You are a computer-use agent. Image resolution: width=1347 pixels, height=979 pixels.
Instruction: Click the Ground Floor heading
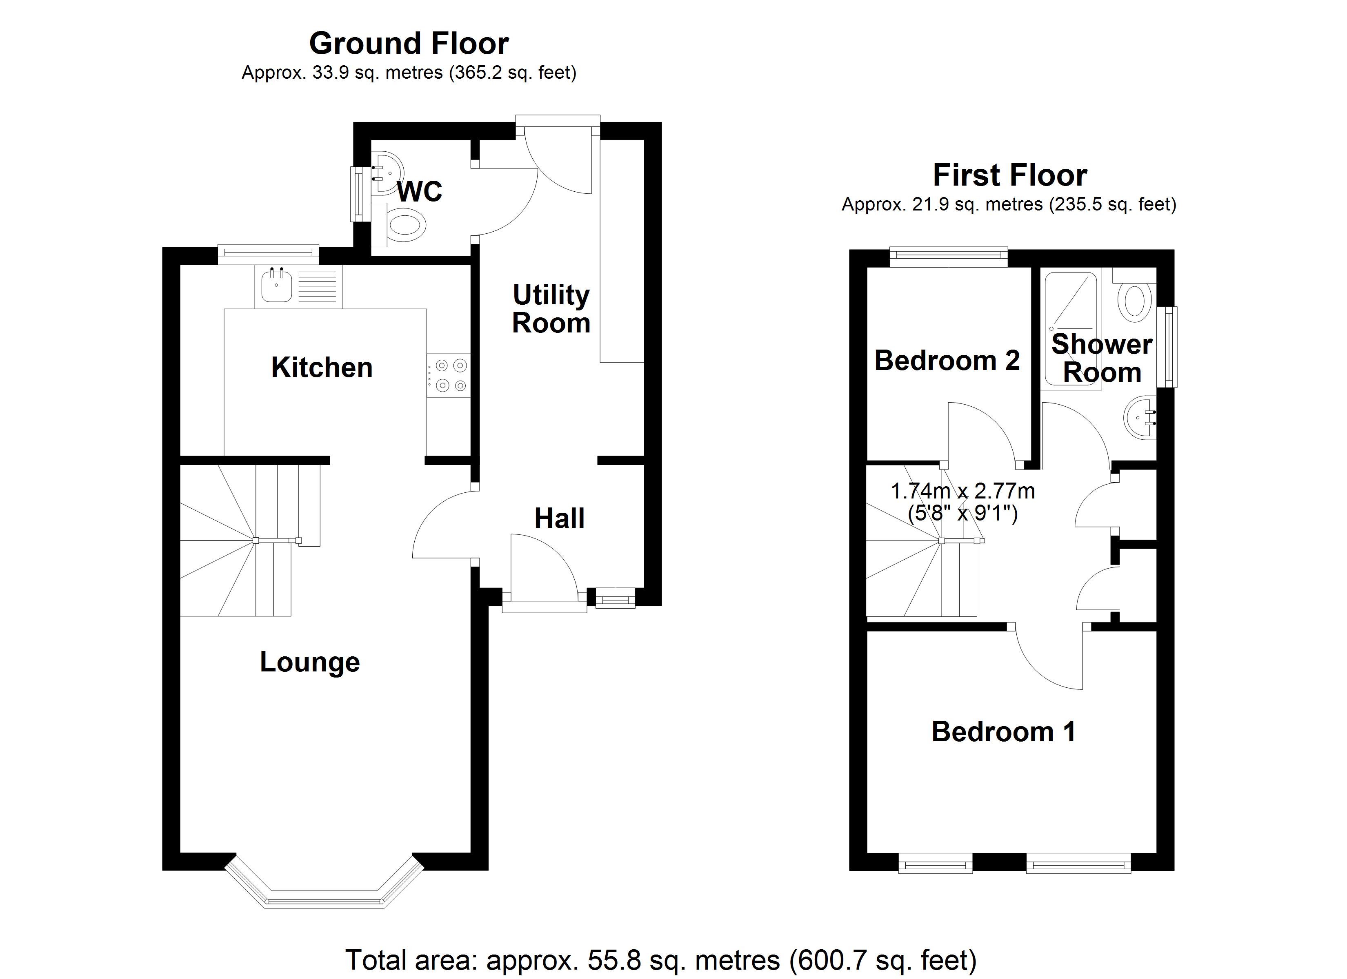click(409, 43)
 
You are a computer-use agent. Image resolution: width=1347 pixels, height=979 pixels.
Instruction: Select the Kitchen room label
click(322, 368)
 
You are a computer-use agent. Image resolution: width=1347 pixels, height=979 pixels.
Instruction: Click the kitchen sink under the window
click(277, 286)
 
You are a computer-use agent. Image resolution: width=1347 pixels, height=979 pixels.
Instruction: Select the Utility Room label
click(551, 309)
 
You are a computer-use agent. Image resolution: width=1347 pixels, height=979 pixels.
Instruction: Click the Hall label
click(560, 518)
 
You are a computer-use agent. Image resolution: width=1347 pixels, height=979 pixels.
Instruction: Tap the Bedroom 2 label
click(947, 360)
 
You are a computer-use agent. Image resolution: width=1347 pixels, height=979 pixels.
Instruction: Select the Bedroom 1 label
click(1003, 731)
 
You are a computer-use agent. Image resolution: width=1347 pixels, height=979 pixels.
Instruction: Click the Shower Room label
click(1102, 358)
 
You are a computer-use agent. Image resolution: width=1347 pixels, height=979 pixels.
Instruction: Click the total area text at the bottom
click(661, 959)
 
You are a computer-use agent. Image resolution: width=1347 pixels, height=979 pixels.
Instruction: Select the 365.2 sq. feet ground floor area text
click(513, 73)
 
